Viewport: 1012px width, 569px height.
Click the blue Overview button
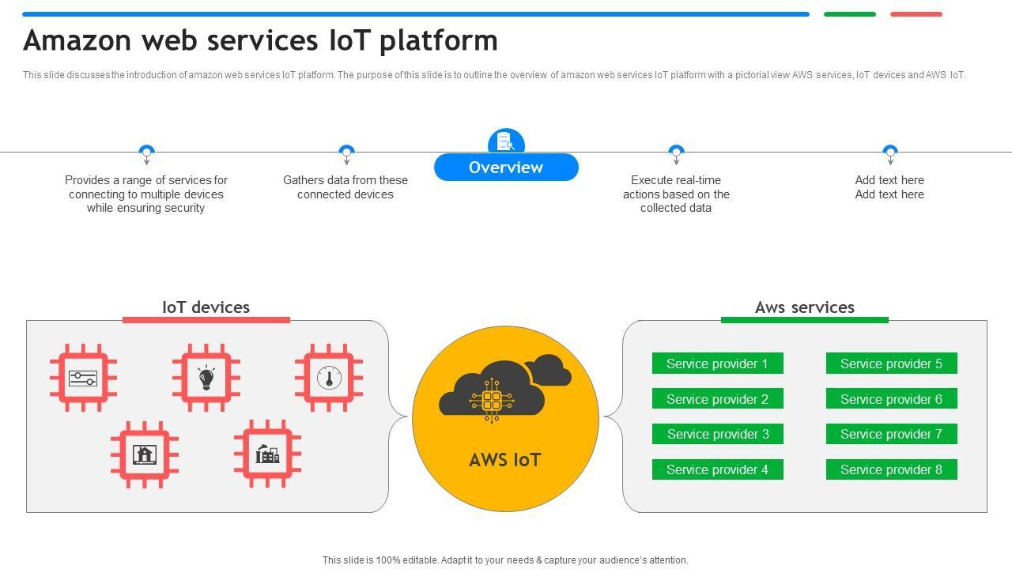[x=506, y=168]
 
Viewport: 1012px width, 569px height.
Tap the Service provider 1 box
[x=717, y=364]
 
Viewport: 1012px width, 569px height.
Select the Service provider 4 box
[x=717, y=469]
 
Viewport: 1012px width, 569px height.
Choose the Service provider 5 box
[x=891, y=364]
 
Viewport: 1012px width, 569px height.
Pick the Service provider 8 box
[x=891, y=469]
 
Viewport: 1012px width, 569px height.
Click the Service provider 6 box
[x=891, y=399]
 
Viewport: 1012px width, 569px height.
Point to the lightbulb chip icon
[x=206, y=378]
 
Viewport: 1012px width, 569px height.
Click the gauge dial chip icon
[x=329, y=378]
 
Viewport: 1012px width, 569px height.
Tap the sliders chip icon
[x=83, y=378]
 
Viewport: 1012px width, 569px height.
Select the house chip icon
[x=145, y=454]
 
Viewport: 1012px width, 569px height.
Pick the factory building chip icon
[x=267, y=454]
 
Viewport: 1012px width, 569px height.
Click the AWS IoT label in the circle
[x=505, y=460]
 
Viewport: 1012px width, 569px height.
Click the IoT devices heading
[x=206, y=307]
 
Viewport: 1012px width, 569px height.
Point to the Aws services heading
[x=804, y=307]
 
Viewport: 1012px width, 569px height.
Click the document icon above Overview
[x=506, y=141]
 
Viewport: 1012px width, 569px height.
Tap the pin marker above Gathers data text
[x=346, y=152]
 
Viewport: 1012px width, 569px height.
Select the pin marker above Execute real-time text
[x=676, y=152]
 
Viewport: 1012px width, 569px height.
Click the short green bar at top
[x=849, y=14]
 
